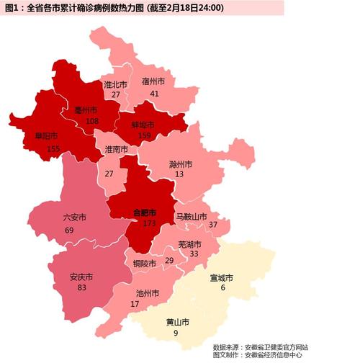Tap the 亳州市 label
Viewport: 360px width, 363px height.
[x=87, y=110]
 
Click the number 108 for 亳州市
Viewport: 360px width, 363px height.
[x=91, y=121]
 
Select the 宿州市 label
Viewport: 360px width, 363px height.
[x=153, y=81]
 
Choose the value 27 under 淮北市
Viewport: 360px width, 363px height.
[x=116, y=94]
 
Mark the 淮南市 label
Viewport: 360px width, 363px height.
[x=116, y=149]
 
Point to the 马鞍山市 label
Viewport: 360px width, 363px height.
[x=191, y=216]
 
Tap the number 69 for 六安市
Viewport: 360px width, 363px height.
[x=69, y=230]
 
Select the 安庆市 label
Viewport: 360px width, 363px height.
[x=81, y=276]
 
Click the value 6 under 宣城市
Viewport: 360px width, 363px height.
[x=222, y=288]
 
